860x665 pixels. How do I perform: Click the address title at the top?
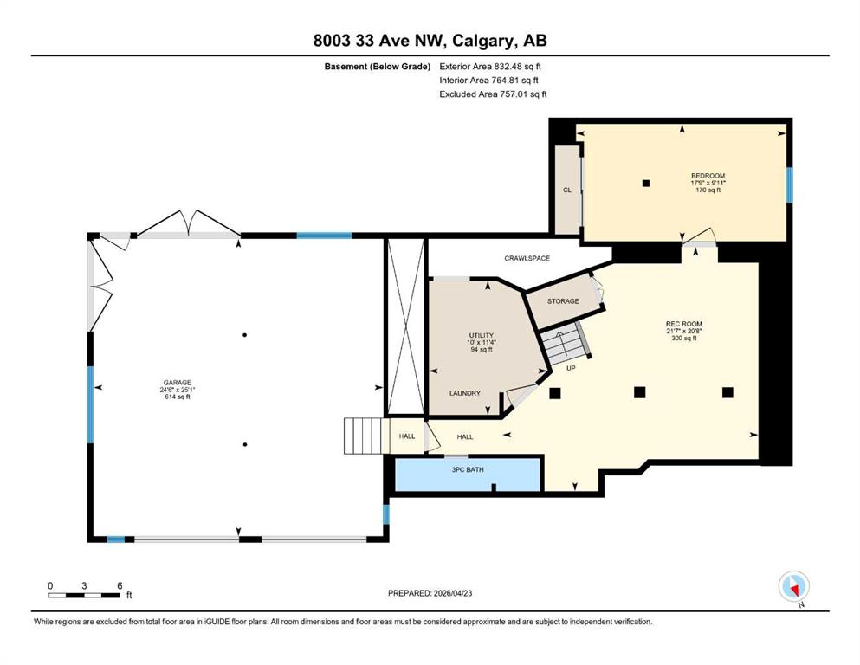point(430,41)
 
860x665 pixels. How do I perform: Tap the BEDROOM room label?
point(708,176)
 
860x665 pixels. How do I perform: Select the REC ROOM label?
point(684,324)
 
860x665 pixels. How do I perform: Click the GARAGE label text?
point(178,383)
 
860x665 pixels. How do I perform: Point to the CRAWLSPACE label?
point(527,258)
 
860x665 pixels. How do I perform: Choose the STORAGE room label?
point(563,301)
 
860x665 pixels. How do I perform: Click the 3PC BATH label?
point(468,470)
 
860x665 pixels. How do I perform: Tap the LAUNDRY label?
point(464,393)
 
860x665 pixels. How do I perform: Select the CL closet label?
point(567,190)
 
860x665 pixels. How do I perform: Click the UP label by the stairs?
point(571,368)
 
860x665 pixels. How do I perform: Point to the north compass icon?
point(793,586)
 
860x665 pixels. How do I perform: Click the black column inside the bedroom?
point(646,183)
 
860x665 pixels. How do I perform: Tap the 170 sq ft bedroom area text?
point(708,190)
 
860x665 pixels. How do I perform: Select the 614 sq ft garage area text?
point(178,397)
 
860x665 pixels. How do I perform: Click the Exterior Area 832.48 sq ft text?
point(490,67)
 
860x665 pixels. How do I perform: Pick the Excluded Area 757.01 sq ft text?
point(493,94)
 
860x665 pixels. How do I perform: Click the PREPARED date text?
point(430,593)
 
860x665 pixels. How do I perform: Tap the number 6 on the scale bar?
point(120,585)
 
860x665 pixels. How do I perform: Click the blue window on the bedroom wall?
point(790,184)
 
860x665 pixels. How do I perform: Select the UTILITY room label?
point(481,335)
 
